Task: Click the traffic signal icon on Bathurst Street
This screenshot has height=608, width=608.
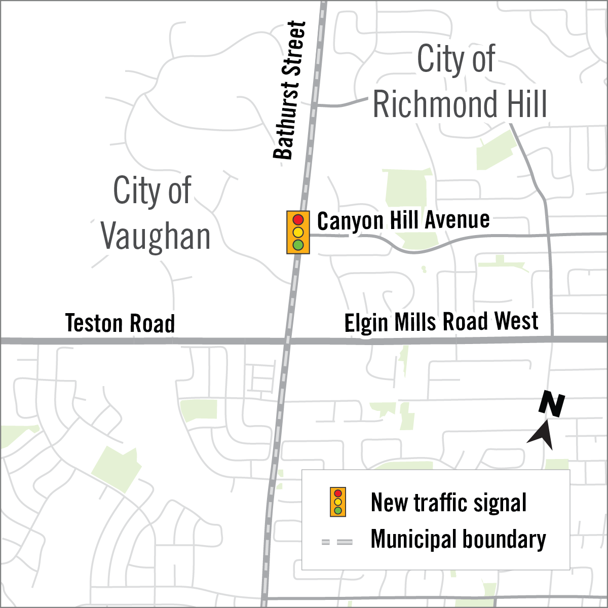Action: pyautogui.click(x=298, y=233)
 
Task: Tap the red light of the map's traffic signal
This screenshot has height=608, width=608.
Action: pyautogui.click(x=298, y=220)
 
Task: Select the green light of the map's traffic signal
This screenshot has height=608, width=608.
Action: pyautogui.click(x=298, y=245)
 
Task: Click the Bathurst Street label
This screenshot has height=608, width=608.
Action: pyautogui.click(x=290, y=90)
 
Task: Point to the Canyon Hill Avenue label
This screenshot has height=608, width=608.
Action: pyautogui.click(x=403, y=221)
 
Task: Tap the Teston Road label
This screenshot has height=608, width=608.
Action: pyautogui.click(x=120, y=323)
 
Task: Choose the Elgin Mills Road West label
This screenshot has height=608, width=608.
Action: pyautogui.click(x=441, y=322)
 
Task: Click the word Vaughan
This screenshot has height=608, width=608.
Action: pyautogui.click(x=156, y=237)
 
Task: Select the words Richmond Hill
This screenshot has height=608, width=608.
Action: pyautogui.click(x=460, y=104)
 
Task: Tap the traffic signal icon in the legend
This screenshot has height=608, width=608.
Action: pyautogui.click(x=338, y=502)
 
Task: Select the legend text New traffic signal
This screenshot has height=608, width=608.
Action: pyautogui.click(x=448, y=503)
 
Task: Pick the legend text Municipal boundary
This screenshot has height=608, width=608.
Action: pyautogui.click(x=458, y=539)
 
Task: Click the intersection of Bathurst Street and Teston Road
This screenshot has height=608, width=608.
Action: pyautogui.click(x=287, y=340)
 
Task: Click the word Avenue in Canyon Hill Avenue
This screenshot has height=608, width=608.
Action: pyautogui.click(x=457, y=220)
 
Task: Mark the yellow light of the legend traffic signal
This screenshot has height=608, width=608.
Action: pyautogui.click(x=338, y=502)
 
